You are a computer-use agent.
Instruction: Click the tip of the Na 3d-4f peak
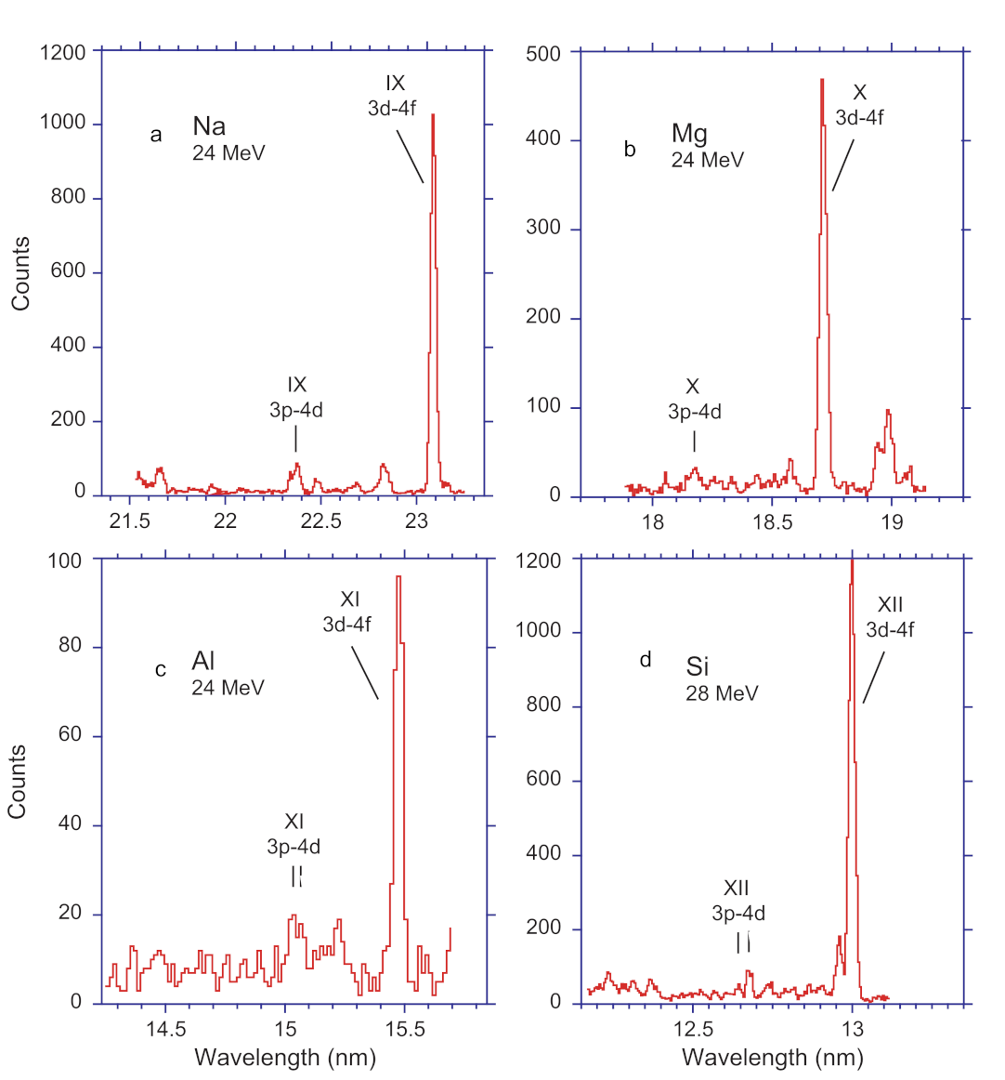click(x=433, y=115)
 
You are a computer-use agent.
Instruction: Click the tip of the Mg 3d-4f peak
click(x=822, y=80)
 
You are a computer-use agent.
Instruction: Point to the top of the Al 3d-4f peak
click(x=398, y=577)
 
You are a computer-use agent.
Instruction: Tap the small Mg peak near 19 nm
click(x=888, y=411)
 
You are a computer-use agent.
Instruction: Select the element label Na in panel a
click(x=209, y=126)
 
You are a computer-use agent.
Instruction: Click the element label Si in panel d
click(x=697, y=666)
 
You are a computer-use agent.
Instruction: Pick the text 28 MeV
click(x=722, y=693)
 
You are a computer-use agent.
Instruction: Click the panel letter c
click(x=161, y=670)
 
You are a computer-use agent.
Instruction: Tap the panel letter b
click(x=630, y=150)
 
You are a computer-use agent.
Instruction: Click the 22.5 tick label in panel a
click(x=320, y=521)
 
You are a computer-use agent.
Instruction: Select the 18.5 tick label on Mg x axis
click(x=772, y=522)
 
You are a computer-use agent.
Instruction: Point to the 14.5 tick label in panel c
click(x=166, y=1029)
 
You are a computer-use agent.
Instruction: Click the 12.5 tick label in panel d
click(x=693, y=1029)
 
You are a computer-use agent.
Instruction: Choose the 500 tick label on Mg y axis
click(x=543, y=54)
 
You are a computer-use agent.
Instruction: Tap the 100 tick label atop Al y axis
click(x=65, y=560)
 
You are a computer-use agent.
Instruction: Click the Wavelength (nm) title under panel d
click(x=773, y=1057)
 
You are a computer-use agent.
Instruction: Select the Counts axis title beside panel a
click(x=20, y=273)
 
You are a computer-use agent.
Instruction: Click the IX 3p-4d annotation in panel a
click(x=296, y=398)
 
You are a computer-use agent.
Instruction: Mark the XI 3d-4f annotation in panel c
click(x=347, y=612)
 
